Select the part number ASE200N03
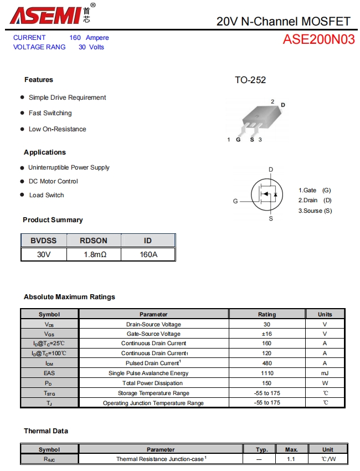pyautogui.click(x=318, y=39)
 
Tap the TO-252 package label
pyautogui.click(x=250, y=80)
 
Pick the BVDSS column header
pyautogui.click(x=44, y=240)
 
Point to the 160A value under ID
pyautogui.click(x=148, y=254)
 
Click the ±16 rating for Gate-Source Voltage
pyautogui.click(x=267, y=334)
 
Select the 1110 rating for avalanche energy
pyautogui.click(x=267, y=373)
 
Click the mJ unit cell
pyautogui.click(x=325, y=373)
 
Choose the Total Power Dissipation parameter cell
pyautogui.click(x=153, y=383)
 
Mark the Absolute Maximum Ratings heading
pyautogui.click(x=70, y=297)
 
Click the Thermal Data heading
pyautogui.click(x=46, y=431)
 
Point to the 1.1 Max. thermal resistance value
pyautogui.click(x=291, y=459)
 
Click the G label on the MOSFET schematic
pyautogui.click(x=235, y=201)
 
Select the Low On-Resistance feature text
pyautogui.click(x=58, y=129)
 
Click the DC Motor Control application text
pyautogui.click(x=53, y=181)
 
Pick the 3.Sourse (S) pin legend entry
pyautogui.click(x=315, y=211)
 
